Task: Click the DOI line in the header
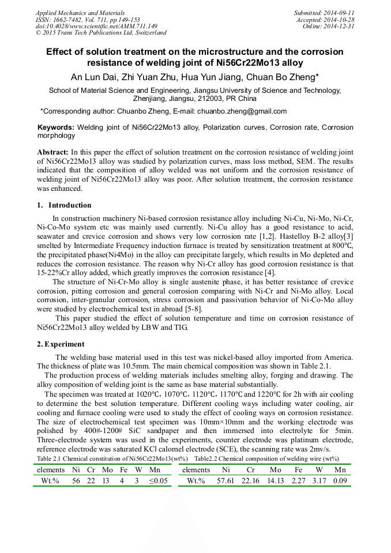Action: (96, 26)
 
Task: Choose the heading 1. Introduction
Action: (64, 205)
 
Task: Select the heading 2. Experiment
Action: (61, 344)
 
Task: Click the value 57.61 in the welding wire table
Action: (225, 481)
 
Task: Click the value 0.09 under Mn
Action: (340, 481)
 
